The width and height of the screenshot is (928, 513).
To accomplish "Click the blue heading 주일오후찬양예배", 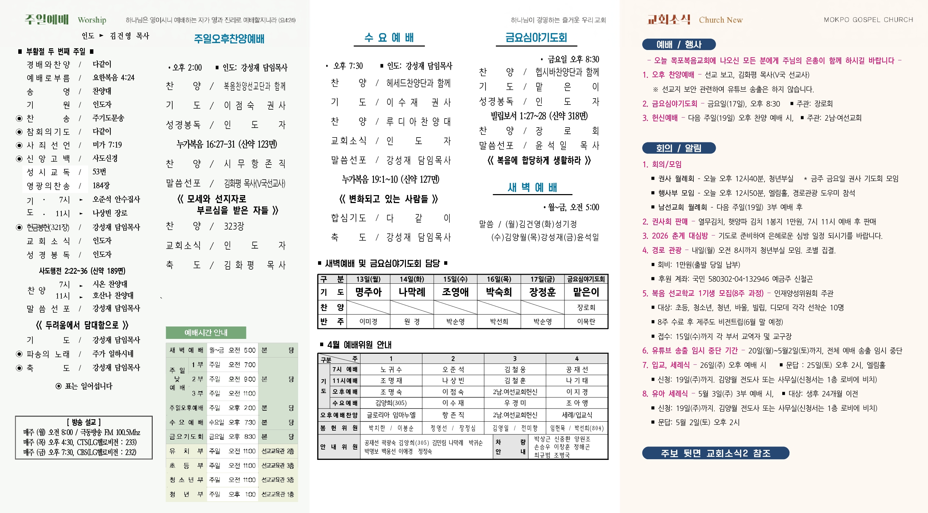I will point(229,39).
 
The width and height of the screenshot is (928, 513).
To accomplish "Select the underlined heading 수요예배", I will point(389,38).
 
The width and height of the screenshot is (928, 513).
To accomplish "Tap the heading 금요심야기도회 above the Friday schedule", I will point(536,38).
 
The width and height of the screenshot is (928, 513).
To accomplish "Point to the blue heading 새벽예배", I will point(532,188).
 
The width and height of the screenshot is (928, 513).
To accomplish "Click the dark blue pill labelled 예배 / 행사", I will point(679,44).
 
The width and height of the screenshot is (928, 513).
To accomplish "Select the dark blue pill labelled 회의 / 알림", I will point(679,148).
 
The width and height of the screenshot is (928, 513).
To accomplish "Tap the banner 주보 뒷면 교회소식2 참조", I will point(715,453).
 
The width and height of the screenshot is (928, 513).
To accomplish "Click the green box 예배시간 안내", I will point(206,332).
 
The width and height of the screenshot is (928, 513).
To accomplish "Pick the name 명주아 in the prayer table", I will point(368,292).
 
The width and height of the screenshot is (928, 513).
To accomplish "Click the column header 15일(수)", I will point(455,279).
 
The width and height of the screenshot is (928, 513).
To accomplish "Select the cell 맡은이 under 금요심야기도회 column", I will point(586,292).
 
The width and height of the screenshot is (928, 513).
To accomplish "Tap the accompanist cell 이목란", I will point(586,322).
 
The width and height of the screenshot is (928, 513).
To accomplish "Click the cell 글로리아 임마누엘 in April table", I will point(391,415).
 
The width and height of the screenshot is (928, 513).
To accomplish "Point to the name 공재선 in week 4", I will point(577,370).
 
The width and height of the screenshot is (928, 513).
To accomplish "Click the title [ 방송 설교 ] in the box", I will point(84,422).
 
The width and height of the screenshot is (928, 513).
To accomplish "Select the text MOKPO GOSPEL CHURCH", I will point(868,20).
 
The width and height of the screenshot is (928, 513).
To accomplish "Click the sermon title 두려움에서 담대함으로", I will point(82,325).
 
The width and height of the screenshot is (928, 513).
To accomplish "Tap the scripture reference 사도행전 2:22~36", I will point(82,271).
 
